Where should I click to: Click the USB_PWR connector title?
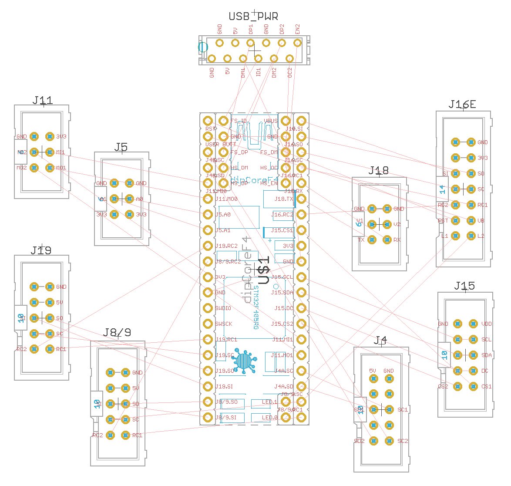[x=253, y=17]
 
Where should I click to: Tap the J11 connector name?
[x=43, y=100]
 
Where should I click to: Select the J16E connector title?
[x=462, y=105]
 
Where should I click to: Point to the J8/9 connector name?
[x=117, y=333]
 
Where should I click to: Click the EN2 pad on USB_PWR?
[x=297, y=43]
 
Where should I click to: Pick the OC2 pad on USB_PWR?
[x=289, y=58]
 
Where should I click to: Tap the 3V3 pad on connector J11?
[x=50, y=137]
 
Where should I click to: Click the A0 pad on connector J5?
[x=129, y=199]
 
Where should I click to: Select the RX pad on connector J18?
[x=387, y=240]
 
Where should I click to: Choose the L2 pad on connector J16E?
[x=471, y=236]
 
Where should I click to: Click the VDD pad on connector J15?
[x=473, y=324]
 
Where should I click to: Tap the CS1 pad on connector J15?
[x=473, y=387]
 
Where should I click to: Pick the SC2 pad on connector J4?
[x=389, y=441]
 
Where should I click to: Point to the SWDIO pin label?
[x=223, y=308]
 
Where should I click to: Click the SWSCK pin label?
[x=224, y=324]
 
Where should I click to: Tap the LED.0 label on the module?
[x=269, y=418]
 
